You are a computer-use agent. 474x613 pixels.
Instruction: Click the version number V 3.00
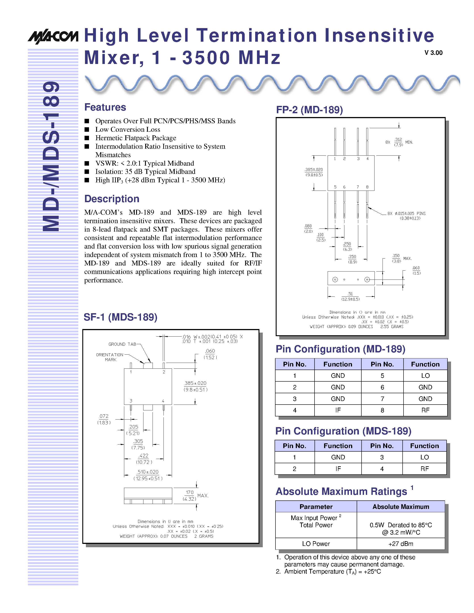[x=433, y=53]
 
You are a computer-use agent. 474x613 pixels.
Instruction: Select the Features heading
[x=105, y=107]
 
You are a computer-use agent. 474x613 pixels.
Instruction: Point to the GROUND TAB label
[x=122, y=344]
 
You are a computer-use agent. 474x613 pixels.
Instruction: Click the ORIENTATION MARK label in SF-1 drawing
[x=110, y=357]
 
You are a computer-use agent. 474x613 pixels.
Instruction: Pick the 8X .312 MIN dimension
[x=399, y=142]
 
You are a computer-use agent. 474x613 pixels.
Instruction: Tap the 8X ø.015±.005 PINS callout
[x=406, y=216]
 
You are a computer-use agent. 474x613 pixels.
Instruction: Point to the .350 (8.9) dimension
[x=352, y=259]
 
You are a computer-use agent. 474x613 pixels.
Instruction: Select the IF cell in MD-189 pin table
[x=338, y=410]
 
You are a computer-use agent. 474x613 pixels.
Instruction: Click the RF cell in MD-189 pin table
[x=425, y=410]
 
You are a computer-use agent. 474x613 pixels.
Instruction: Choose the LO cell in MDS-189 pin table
[x=424, y=457]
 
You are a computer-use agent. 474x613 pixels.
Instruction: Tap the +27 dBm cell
[x=401, y=544]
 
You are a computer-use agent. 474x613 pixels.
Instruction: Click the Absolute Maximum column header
[x=401, y=507]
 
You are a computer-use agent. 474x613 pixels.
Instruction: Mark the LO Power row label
[x=316, y=544]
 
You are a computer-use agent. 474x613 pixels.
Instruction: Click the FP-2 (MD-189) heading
[x=309, y=110]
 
